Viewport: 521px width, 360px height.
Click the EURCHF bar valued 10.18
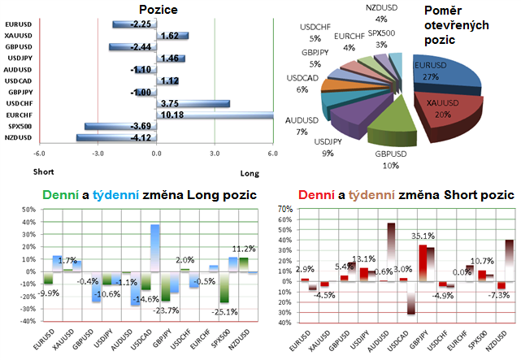(203, 115)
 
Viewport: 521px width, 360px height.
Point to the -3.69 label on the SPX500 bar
(119, 127)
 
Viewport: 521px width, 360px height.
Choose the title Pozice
(158, 10)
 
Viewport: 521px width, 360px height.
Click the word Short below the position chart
(43, 171)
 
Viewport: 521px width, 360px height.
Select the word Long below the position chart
(250, 171)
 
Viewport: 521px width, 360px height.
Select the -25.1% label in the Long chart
(219, 311)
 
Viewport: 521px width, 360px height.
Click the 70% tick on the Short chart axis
(284, 210)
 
